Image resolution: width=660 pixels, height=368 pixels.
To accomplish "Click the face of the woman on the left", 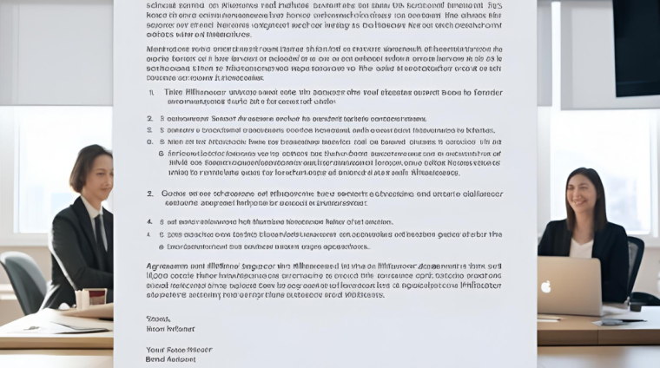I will pos(96,174).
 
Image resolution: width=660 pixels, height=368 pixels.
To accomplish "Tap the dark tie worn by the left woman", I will pos(100,231).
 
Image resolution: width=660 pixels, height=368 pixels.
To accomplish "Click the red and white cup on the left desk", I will pos(96,298).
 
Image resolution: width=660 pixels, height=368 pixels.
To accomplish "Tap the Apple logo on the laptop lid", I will pos(545,286).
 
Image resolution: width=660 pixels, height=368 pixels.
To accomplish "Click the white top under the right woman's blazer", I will pos(581,248).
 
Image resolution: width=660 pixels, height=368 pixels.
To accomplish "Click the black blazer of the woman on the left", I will pos(74,252).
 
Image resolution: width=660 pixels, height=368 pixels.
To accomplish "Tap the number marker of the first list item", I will pos(151,91).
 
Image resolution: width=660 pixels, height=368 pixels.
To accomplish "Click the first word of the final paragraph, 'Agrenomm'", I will pos(167,266).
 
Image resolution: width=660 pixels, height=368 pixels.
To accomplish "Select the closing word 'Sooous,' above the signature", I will pos(158,319).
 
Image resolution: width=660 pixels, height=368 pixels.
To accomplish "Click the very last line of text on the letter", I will pos(170,358).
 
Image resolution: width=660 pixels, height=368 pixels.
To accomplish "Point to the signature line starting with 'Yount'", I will pos(179,349).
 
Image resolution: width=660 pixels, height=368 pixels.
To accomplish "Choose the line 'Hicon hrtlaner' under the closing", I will pos(170,329).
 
